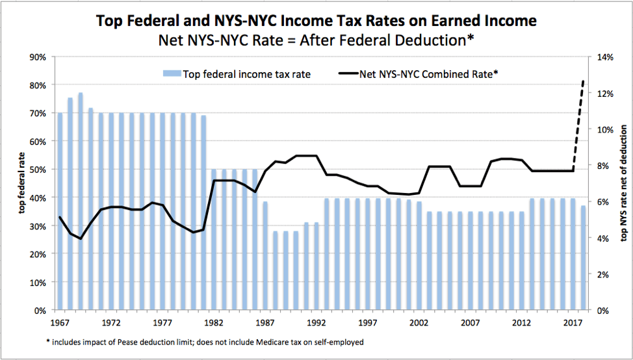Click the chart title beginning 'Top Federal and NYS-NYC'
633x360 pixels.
(x=316, y=21)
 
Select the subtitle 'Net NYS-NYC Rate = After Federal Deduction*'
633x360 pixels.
(x=316, y=40)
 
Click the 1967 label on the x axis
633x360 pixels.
(x=60, y=322)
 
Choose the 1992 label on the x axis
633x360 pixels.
(x=316, y=322)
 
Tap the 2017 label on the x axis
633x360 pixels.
(x=573, y=322)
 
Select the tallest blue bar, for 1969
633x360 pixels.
(x=81, y=201)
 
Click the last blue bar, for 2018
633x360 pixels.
(x=583, y=257)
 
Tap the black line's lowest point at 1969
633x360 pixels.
(x=81, y=238)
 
